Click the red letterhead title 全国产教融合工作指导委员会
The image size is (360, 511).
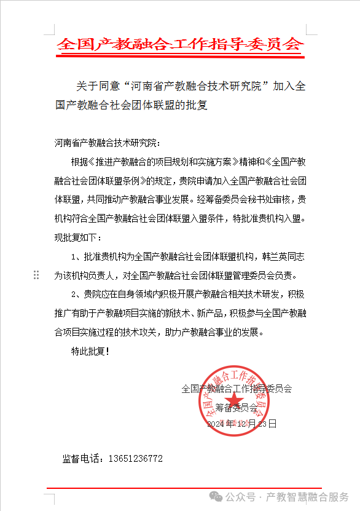(180, 44)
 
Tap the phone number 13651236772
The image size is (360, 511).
(135, 459)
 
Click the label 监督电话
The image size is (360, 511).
(84, 459)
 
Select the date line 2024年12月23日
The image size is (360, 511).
(241, 424)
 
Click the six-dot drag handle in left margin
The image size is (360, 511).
(36, 275)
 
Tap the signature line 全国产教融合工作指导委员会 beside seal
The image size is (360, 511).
(237, 389)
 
